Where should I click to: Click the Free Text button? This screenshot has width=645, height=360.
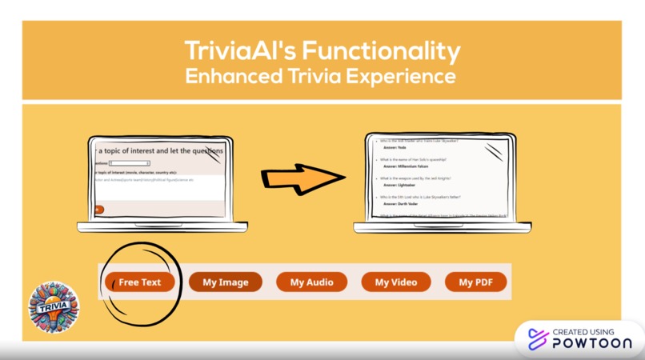(140, 282)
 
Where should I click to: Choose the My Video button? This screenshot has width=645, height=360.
(396, 282)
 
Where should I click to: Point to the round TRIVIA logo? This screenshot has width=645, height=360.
(54, 306)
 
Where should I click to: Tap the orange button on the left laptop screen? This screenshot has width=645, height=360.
(98, 210)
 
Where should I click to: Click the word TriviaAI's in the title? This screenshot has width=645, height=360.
(238, 52)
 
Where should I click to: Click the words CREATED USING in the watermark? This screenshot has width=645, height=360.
(583, 331)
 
